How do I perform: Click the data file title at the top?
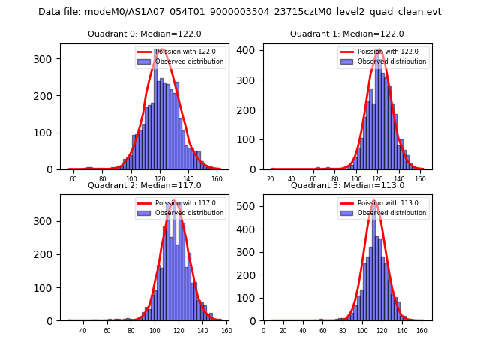(240, 12)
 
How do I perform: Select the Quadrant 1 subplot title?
(347, 34)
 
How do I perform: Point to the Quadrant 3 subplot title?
(347, 185)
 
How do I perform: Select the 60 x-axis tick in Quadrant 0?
(73, 179)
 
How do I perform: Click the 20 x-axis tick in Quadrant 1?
(271, 179)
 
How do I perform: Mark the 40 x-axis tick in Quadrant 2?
(83, 331)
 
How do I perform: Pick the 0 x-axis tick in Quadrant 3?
(263, 331)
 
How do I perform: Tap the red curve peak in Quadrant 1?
(379, 51)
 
